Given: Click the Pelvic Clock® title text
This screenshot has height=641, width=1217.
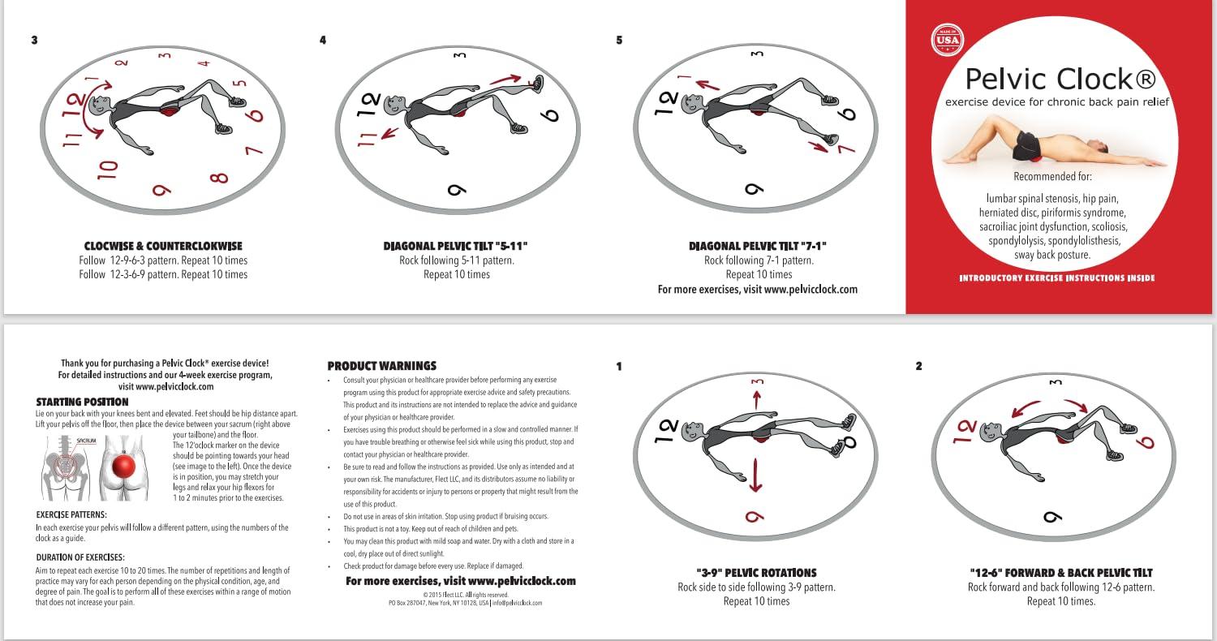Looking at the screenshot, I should tap(1058, 79).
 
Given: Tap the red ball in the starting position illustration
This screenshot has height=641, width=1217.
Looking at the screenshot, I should tap(124, 468).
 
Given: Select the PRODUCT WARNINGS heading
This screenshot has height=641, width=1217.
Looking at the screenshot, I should tap(382, 366).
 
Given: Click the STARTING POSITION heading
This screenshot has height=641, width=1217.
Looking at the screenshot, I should tap(82, 402).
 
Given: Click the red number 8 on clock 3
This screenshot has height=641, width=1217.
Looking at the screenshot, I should tap(219, 176).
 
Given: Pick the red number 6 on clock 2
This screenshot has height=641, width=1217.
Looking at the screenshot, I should tap(1147, 442).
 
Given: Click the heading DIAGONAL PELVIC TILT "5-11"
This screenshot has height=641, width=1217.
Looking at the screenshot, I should tap(460, 246).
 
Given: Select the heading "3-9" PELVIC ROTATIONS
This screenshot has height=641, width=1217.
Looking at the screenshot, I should tap(756, 573).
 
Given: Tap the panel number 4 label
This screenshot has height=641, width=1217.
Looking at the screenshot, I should tap(323, 40).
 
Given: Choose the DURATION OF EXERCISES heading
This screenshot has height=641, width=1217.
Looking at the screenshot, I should tap(80, 557).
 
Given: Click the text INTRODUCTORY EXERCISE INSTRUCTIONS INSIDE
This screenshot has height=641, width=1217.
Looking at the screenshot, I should tap(1056, 278).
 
